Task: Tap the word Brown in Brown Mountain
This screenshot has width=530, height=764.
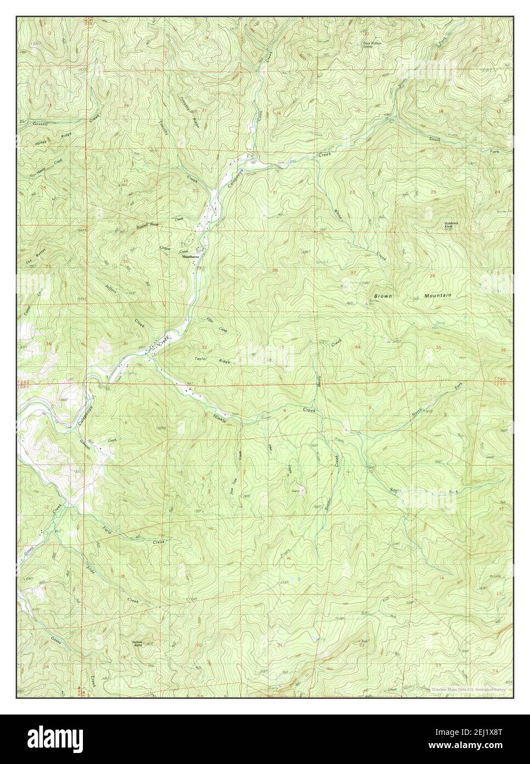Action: pos(383,296)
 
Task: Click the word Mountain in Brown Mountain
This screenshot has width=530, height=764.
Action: pos(437,296)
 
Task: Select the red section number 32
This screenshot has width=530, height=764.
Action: pos(204,347)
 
